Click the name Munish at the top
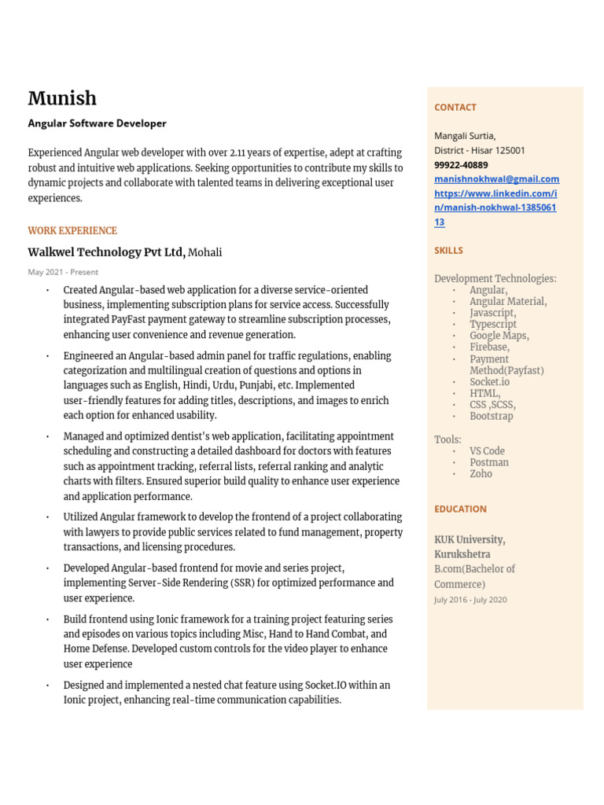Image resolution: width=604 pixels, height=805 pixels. click(x=62, y=98)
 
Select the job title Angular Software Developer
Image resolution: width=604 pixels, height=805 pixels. click(x=97, y=123)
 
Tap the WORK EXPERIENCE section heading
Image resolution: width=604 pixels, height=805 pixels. click(x=72, y=230)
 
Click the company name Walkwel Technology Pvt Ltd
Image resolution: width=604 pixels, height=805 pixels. click(x=106, y=252)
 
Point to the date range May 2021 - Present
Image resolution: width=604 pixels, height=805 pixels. click(x=63, y=272)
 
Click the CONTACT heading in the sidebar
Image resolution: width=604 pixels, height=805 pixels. click(x=455, y=107)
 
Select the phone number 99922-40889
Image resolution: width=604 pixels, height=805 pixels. click(x=461, y=165)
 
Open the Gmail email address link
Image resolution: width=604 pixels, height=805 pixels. click(x=496, y=179)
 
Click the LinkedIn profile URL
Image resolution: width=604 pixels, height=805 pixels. click(x=495, y=208)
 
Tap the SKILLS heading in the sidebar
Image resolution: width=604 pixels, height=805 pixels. click(x=448, y=250)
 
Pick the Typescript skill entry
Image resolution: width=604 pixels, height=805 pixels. click(x=493, y=324)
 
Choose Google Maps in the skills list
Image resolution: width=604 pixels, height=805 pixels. click(x=499, y=336)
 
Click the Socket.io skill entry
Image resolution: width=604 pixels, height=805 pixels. click(x=489, y=381)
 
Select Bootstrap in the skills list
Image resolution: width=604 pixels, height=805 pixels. click(x=491, y=416)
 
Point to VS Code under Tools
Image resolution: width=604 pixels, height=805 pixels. click(x=487, y=451)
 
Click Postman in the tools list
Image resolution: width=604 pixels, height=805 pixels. click(x=488, y=462)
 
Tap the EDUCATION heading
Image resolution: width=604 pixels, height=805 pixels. click(x=460, y=509)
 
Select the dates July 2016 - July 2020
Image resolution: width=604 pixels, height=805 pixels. click(x=470, y=600)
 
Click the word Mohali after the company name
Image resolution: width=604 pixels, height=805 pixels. click(x=205, y=252)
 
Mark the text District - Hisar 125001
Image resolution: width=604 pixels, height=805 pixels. click(x=480, y=150)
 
